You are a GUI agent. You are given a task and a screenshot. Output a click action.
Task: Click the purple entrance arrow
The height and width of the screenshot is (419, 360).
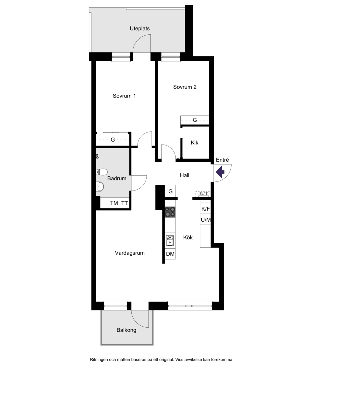(220, 172)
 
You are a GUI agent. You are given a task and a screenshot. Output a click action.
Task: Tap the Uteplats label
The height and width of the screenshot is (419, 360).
(139, 29)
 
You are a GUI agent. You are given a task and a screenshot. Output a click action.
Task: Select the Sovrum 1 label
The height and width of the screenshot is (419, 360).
(124, 96)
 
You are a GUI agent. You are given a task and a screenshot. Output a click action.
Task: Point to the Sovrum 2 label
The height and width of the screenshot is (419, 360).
(185, 87)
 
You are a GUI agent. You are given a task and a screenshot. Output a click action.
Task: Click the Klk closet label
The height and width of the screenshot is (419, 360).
(194, 143)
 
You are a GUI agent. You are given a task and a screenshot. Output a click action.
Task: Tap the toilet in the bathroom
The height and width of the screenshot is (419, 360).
(102, 172)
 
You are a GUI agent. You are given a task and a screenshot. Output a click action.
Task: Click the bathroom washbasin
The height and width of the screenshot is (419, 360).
(100, 186)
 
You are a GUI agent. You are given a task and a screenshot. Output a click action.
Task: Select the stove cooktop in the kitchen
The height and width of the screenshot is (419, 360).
(170, 212)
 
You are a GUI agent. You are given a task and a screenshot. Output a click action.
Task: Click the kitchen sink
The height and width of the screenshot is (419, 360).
(170, 241)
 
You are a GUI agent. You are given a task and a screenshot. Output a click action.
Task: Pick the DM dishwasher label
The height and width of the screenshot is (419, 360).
(170, 254)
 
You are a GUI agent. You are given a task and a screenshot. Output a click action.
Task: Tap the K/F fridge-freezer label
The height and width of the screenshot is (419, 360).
(205, 209)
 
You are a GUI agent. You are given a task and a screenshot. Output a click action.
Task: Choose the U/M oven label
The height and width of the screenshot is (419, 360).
(206, 220)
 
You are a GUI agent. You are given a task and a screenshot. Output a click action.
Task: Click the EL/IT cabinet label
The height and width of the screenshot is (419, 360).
(203, 194)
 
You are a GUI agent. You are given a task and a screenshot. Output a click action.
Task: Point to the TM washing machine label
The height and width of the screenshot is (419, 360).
(114, 203)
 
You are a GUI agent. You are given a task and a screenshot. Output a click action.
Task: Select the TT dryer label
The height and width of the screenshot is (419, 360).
(125, 203)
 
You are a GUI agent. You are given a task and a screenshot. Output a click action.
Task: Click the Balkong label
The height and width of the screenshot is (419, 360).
(126, 330)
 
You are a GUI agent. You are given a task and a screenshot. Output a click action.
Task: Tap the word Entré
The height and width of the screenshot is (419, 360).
(222, 160)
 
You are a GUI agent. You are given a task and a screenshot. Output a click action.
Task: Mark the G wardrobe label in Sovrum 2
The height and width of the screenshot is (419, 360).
(195, 120)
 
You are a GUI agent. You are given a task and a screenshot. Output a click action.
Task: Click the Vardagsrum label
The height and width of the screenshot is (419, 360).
(130, 253)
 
